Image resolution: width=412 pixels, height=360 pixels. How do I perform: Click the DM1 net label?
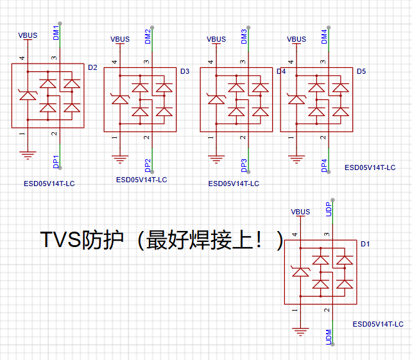click(56, 33)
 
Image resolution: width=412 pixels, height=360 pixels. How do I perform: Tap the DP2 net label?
click(148, 166)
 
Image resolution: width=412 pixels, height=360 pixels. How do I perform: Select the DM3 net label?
click(244, 37)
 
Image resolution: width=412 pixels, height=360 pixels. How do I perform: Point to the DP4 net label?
click(324, 166)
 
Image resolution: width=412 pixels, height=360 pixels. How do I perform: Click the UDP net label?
click(329, 209)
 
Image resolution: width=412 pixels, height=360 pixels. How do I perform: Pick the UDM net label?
click(329, 337)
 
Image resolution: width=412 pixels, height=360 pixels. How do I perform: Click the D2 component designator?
click(92, 67)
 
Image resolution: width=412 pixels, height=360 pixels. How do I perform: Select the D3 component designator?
click(185, 71)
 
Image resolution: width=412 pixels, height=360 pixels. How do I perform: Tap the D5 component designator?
click(361, 71)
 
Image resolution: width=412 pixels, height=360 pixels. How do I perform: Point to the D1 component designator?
click(365, 244)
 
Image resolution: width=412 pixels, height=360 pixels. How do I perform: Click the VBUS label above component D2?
click(28, 35)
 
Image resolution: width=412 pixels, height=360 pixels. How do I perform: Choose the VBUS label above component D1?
click(300, 212)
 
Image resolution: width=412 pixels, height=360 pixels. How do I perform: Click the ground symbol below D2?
click(28, 155)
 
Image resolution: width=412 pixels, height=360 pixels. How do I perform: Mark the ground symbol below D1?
click(300, 332)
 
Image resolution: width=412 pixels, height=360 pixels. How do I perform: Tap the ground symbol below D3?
click(120, 159)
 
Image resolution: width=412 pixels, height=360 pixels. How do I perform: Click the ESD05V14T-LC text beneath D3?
click(142, 180)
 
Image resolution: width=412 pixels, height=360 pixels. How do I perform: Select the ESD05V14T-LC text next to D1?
click(378, 324)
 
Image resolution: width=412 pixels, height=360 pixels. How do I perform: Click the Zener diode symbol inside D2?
click(28, 95)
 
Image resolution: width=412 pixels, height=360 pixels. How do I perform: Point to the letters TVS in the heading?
click(60, 239)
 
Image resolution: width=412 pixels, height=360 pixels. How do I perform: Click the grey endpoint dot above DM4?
click(329, 28)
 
